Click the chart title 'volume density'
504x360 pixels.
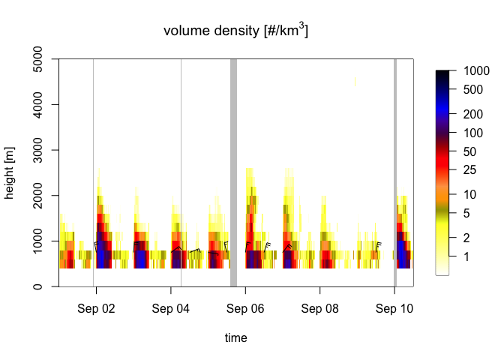point(236,31)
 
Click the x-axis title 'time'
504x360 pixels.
point(236,338)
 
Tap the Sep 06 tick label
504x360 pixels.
point(245,308)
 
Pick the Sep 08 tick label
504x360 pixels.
point(320,308)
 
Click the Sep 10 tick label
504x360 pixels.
point(395,308)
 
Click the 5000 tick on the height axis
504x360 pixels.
point(39,58)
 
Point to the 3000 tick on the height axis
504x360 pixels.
point(39,150)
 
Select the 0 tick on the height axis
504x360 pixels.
point(39,286)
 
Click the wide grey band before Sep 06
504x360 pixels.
point(233,172)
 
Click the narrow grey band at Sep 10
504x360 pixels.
point(395,172)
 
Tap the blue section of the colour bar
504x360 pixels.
point(442,105)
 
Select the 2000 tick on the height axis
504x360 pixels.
point(39,195)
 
